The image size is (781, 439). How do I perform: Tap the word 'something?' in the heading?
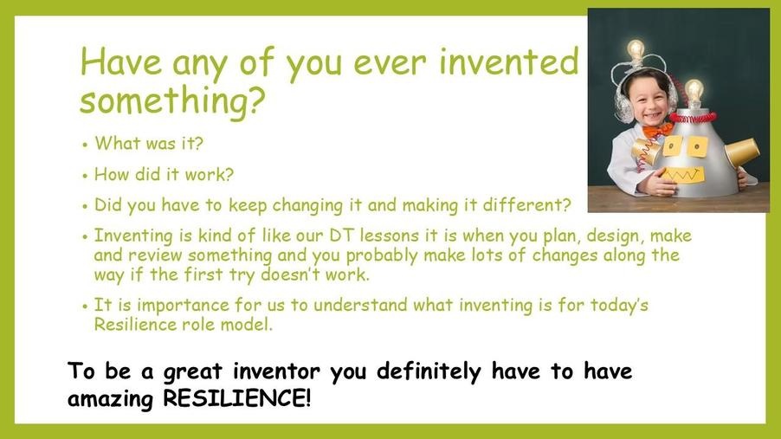click(x=172, y=100)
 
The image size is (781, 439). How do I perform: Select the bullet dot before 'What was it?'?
click(x=85, y=145)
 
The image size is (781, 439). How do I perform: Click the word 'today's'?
click(x=619, y=305)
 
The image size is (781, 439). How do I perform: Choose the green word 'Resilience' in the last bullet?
click(x=135, y=325)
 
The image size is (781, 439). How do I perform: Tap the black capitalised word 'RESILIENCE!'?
click(x=237, y=398)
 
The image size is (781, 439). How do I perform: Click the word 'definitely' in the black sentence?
click(x=429, y=371)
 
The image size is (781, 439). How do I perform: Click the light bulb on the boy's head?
click(x=636, y=51)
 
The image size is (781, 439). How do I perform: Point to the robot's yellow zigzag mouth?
click(x=684, y=175)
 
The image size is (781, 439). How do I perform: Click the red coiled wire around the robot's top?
click(x=693, y=118)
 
